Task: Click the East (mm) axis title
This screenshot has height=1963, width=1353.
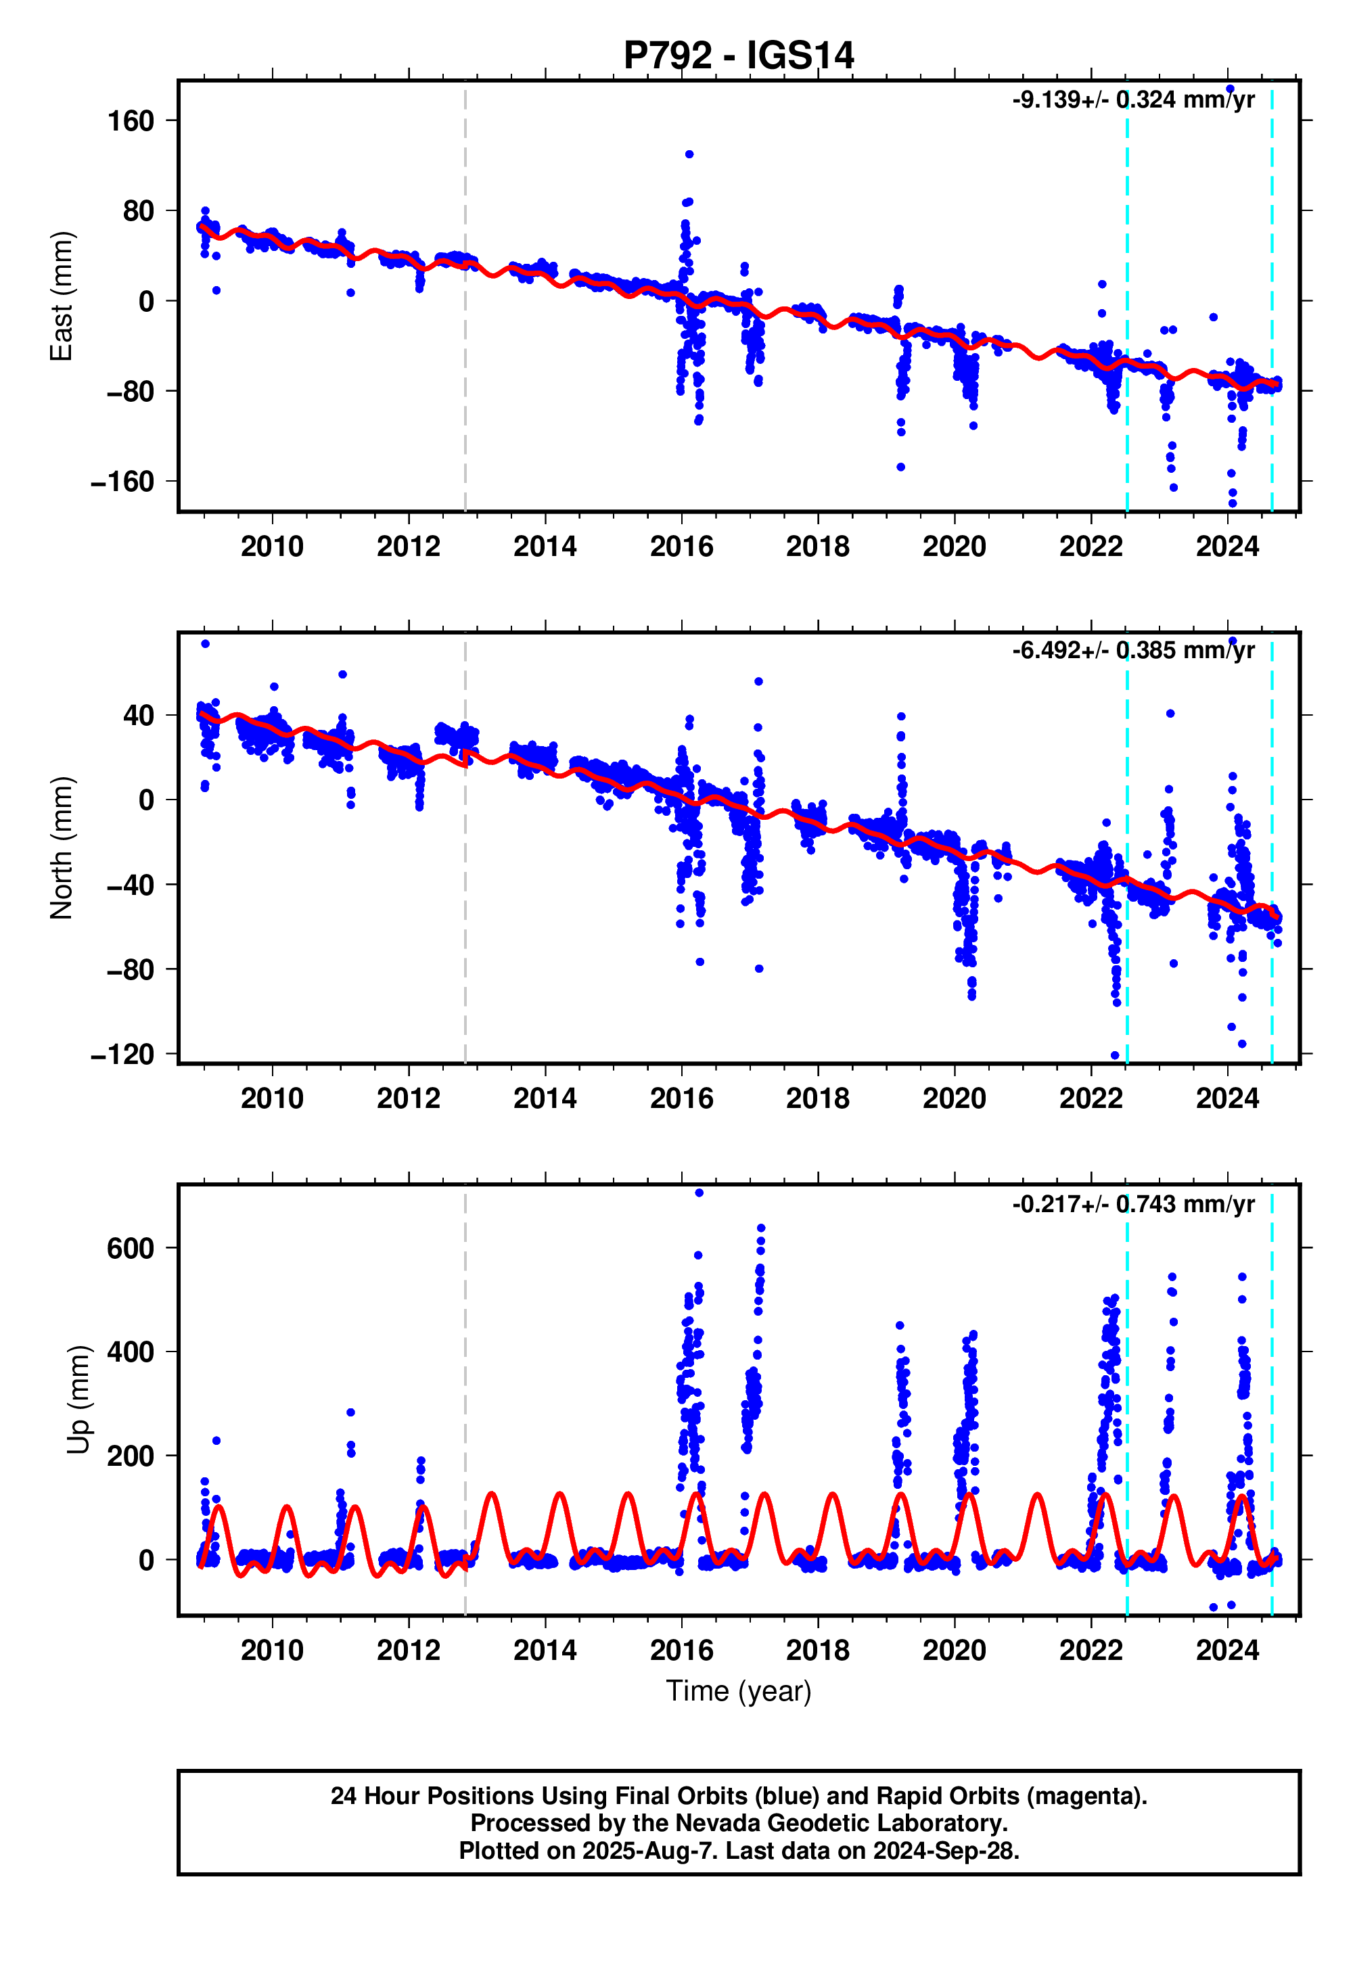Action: (x=62, y=297)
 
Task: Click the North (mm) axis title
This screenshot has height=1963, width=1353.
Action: (x=62, y=848)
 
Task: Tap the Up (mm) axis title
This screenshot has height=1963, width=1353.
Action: (x=78, y=1400)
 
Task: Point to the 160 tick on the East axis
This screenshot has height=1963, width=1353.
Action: (x=131, y=121)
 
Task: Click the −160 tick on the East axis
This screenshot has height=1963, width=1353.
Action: (x=123, y=482)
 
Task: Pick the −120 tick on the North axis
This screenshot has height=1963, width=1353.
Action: (x=123, y=1055)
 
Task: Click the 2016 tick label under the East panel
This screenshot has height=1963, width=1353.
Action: (x=682, y=547)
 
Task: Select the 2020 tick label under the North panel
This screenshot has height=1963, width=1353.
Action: (x=955, y=1099)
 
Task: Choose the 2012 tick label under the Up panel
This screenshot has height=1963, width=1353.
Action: (x=409, y=1650)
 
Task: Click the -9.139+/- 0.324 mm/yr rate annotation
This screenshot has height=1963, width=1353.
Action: (x=1132, y=100)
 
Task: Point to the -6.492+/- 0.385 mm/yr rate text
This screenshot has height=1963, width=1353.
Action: (x=1132, y=651)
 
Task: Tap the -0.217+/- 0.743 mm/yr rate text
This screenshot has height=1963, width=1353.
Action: (x=1132, y=1205)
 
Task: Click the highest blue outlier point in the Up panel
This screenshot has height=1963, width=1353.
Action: (x=700, y=1193)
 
